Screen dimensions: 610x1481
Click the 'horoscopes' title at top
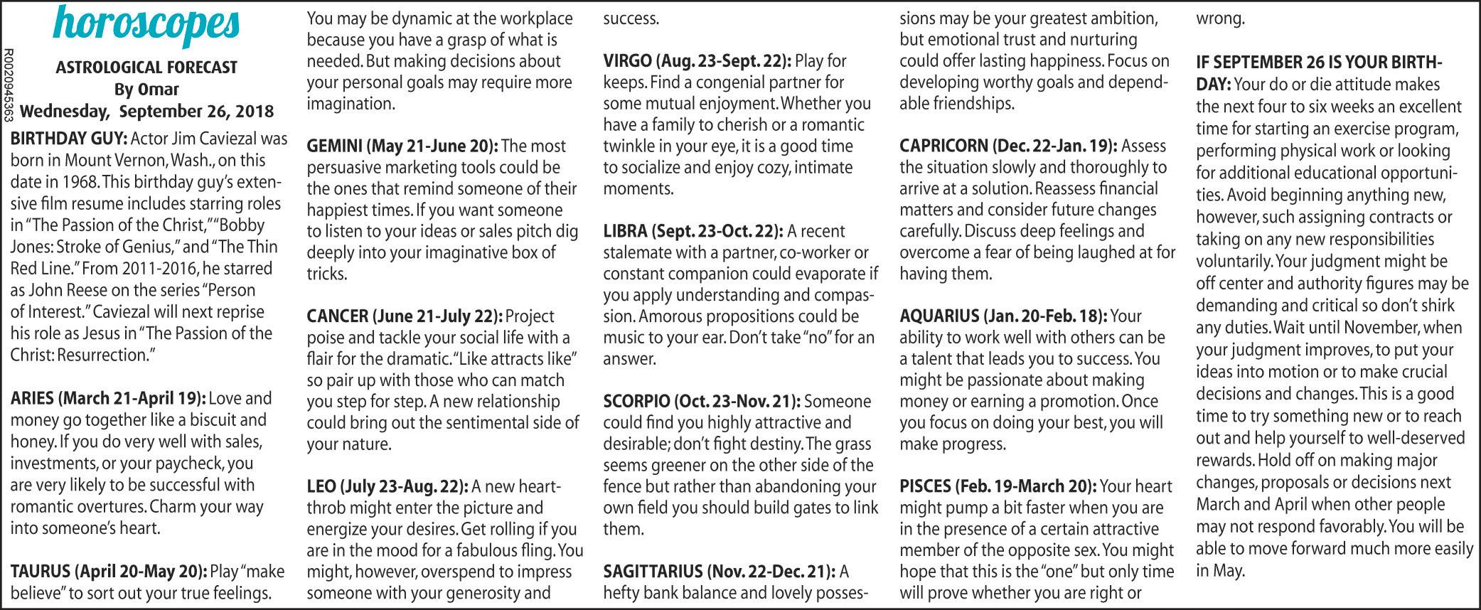pyautogui.click(x=146, y=26)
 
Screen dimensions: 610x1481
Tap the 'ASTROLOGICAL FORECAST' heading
pyautogui.click(x=146, y=68)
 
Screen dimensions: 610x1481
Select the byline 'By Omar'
pyautogui.click(x=146, y=90)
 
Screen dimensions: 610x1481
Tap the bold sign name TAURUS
pyautogui.click(x=41, y=572)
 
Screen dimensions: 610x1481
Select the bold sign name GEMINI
pyautogui.click(x=334, y=146)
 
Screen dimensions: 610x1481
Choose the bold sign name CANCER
pyautogui.click(x=337, y=316)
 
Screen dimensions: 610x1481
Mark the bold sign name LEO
pyautogui.click(x=321, y=487)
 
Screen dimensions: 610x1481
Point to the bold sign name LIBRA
pyautogui.click(x=625, y=231)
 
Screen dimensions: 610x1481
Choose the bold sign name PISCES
pyautogui.click(x=925, y=487)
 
